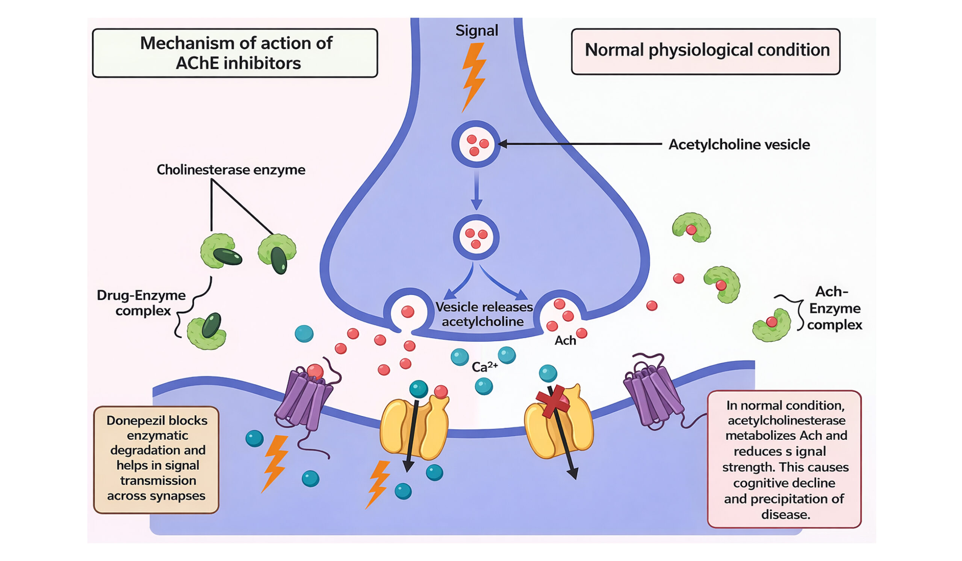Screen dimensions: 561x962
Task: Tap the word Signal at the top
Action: [x=476, y=30]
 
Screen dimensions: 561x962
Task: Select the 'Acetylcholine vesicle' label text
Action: [x=739, y=145]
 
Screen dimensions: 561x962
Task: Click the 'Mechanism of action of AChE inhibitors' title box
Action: [x=235, y=53]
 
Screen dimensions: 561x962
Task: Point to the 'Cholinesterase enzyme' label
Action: [x=231, y=170]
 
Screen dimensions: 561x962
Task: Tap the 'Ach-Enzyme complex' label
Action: [x=834, y=308]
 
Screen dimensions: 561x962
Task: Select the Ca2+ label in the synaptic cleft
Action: [x=484, y=367]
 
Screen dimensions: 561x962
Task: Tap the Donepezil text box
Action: [x=157, y=460]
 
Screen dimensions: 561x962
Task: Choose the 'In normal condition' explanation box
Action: [x=785, y=459]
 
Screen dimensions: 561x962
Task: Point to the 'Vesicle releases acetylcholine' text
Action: [x=484, y=314]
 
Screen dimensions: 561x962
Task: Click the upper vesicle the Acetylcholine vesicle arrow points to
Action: [x=476, y=144]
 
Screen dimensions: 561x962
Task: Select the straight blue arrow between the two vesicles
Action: [x=476, y=190]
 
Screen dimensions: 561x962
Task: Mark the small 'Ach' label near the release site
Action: [x=565, y=340]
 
